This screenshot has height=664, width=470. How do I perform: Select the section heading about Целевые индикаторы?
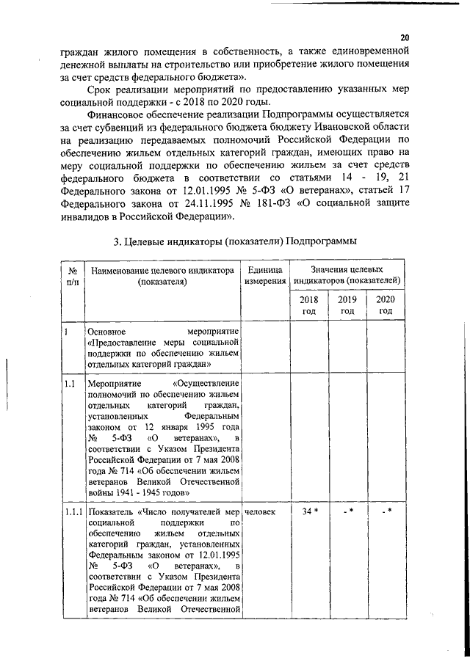tap(235, 241)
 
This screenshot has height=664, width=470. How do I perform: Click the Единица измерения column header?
tap(265, 275)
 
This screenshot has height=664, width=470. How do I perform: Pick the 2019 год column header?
tap(347, 305)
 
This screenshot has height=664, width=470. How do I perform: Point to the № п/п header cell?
tap(72, 275)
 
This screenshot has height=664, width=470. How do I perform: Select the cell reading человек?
tap(260, 511)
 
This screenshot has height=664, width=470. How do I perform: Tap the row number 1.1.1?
tap(72, 511)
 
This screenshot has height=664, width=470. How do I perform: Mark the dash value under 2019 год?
tap(347, 511)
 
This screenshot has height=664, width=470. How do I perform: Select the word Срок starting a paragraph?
tap(99, 90)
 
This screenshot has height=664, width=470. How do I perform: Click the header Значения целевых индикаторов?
tap(347, 275)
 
